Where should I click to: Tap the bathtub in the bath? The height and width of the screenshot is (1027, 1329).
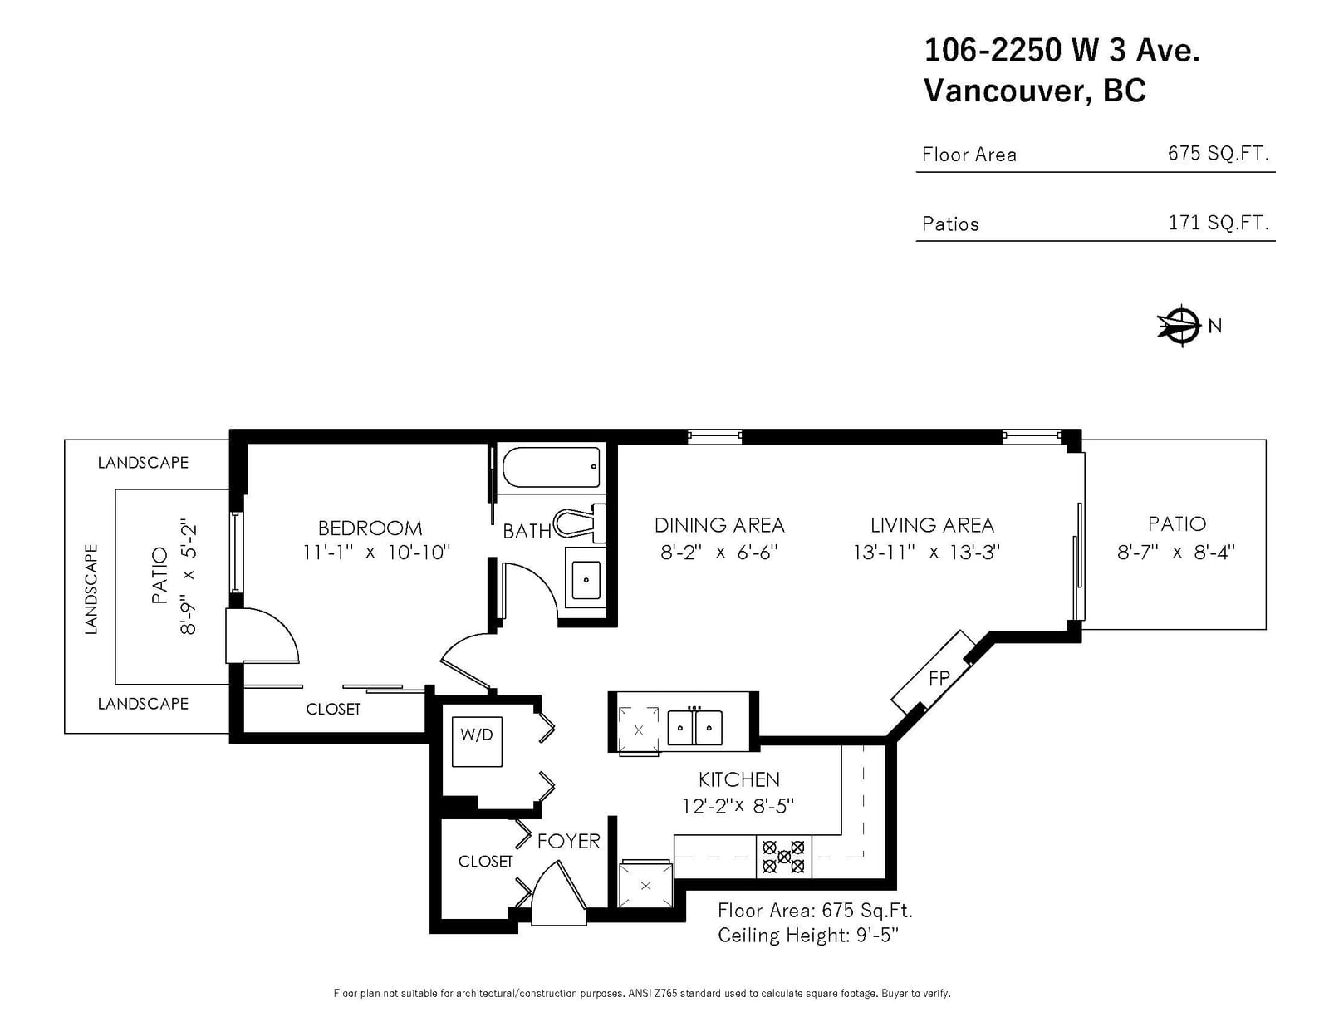(x=551, y=467)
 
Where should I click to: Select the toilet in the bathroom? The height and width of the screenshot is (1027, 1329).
(x=579, y=523)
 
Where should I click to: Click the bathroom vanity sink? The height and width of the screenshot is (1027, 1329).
(x=586, y=579)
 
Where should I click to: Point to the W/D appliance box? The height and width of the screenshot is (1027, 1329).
(x=477, y=741)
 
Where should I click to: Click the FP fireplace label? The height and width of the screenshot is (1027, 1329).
(x=939, y=678)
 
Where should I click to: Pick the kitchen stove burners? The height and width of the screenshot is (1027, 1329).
(x=783, y=857)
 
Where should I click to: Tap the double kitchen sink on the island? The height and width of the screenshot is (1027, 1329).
(x=694, y=727)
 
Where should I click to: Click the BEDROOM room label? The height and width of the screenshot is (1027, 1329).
(x=370, y=528)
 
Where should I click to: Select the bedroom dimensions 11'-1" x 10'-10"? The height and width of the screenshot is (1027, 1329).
(x=376, y=553)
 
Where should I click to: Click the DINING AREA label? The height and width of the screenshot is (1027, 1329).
(x=719, y=525)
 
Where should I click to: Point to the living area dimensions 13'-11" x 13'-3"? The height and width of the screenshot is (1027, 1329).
(x=926, y=553)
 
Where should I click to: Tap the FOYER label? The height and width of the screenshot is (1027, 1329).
(x=569, y=841)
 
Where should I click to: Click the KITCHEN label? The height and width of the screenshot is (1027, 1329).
(x=738, y=779)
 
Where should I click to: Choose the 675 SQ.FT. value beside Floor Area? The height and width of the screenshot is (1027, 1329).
(x=1219, y=153)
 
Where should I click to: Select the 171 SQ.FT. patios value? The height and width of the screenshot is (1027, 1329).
(x=1219, y=222)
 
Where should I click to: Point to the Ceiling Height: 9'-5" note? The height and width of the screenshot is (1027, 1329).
(x=808, y=936)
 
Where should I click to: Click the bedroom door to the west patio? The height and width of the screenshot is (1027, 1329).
(x=262, y=636)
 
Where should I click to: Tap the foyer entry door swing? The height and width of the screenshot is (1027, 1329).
(x=559, y=893)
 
